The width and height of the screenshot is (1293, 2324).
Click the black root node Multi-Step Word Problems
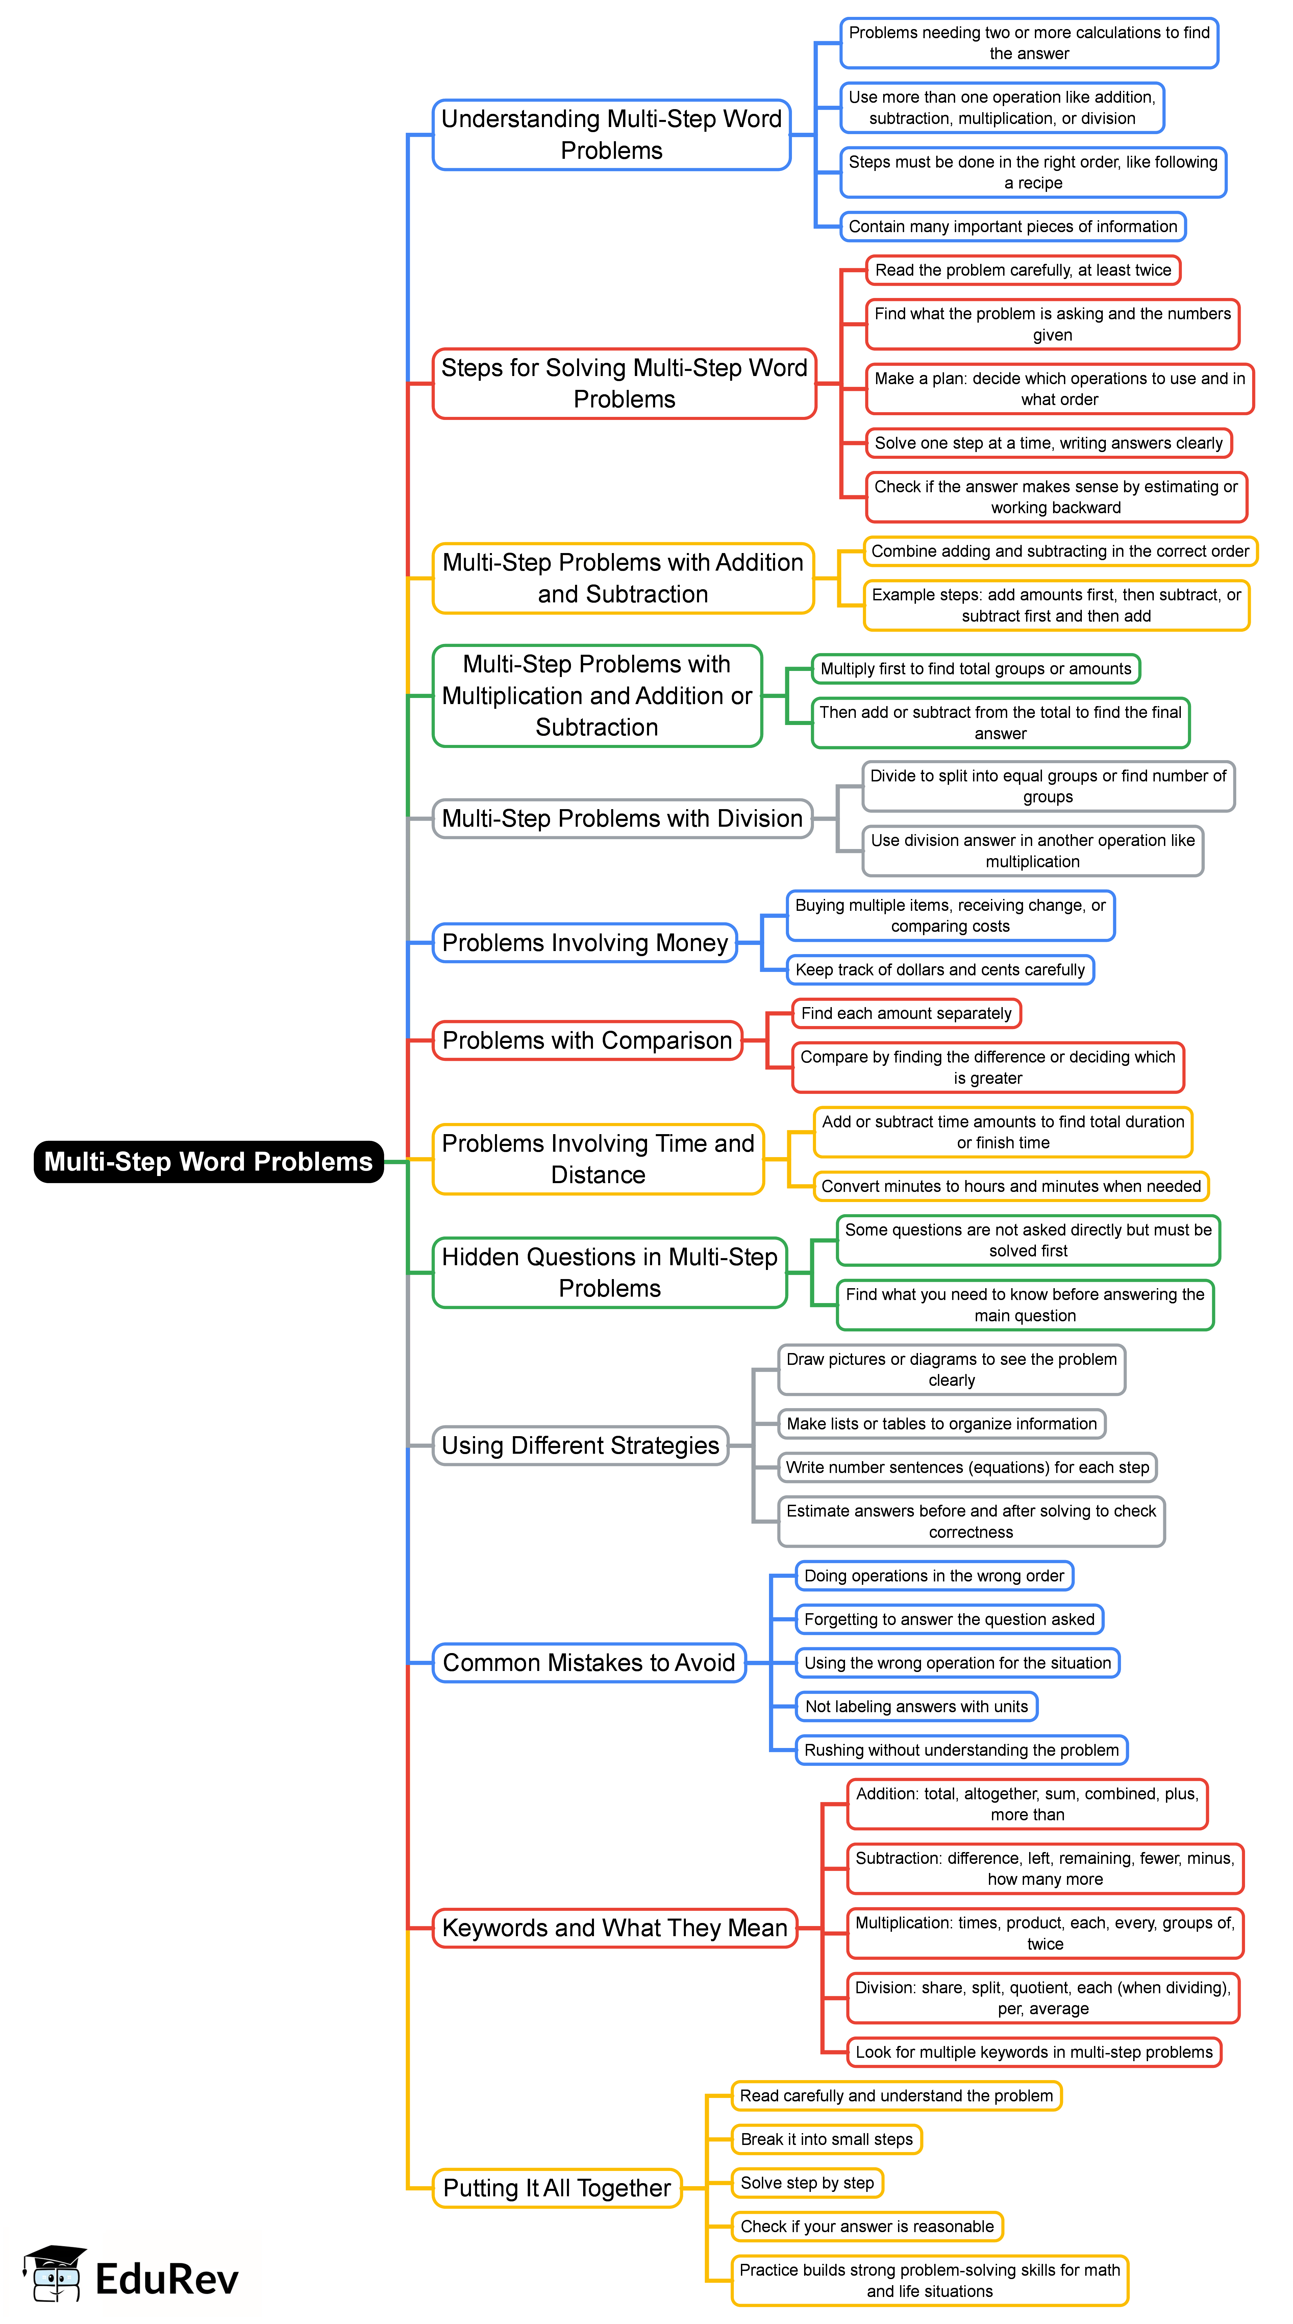tap(208, 1161)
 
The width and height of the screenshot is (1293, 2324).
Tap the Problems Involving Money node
tap(585, 943)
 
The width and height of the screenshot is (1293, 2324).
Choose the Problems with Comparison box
tap(587, 1040)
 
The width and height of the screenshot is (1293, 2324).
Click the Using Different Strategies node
tap(580, 1445)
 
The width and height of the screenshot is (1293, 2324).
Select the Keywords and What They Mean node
tap(615, 1928)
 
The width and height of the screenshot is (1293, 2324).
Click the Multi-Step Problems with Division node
tap(622, 818)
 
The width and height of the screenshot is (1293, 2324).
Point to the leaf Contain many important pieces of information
tap(1012, 226)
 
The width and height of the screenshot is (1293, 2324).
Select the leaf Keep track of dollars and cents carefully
tap(939, 970)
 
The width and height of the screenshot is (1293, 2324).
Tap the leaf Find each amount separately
tap(906, 1013)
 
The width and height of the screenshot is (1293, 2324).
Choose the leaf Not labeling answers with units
tap(916, 1706)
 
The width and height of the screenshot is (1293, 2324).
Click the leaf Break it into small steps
tap(826, 2139)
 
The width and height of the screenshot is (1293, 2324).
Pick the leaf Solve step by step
tap(807, 2182)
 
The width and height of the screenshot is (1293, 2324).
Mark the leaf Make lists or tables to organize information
tap(941, 1424)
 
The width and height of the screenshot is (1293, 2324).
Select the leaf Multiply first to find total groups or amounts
tap(975, 669)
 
